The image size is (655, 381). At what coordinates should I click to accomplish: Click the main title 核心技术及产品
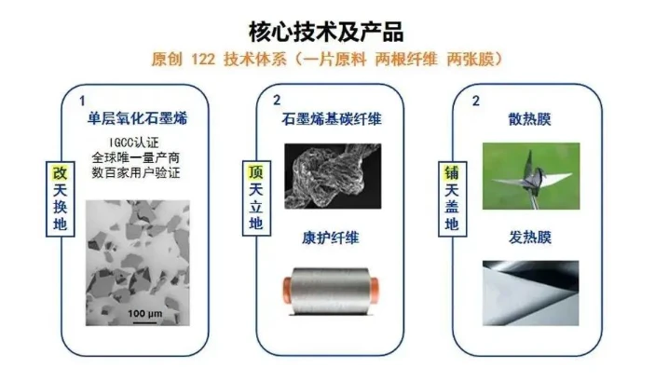coord(326,32)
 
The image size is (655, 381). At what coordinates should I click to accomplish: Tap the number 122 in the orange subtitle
coord(203,60)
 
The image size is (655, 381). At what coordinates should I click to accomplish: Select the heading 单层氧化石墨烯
coord(138,118)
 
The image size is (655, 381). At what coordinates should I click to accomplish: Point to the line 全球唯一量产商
coord(136,157)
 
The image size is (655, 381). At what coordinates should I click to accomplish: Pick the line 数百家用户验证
coord(136,172)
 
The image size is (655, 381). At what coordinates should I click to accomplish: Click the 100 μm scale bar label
coord(145,314)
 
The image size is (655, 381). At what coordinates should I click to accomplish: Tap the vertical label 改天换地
coord(61,198)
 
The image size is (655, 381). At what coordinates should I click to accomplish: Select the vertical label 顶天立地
coord(256,198)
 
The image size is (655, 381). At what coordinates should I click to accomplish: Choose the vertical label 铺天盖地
coord(452,198)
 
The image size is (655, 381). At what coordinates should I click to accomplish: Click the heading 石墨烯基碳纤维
coord(332,119)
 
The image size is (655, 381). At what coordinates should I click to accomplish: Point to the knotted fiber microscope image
coord(333,176)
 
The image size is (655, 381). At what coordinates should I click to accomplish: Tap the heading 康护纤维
coord(331,238)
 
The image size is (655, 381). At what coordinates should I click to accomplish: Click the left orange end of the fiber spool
coord(287,290)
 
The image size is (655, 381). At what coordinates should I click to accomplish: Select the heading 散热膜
coord(529,119)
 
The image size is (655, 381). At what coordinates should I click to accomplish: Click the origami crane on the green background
coord(529,178)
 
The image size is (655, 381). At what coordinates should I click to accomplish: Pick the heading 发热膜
coord(529,238)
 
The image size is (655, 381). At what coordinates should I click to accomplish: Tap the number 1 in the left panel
coord(82,101)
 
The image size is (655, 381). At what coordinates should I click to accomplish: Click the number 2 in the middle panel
coord(277,101)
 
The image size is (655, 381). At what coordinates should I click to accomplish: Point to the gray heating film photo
coord(530,293)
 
